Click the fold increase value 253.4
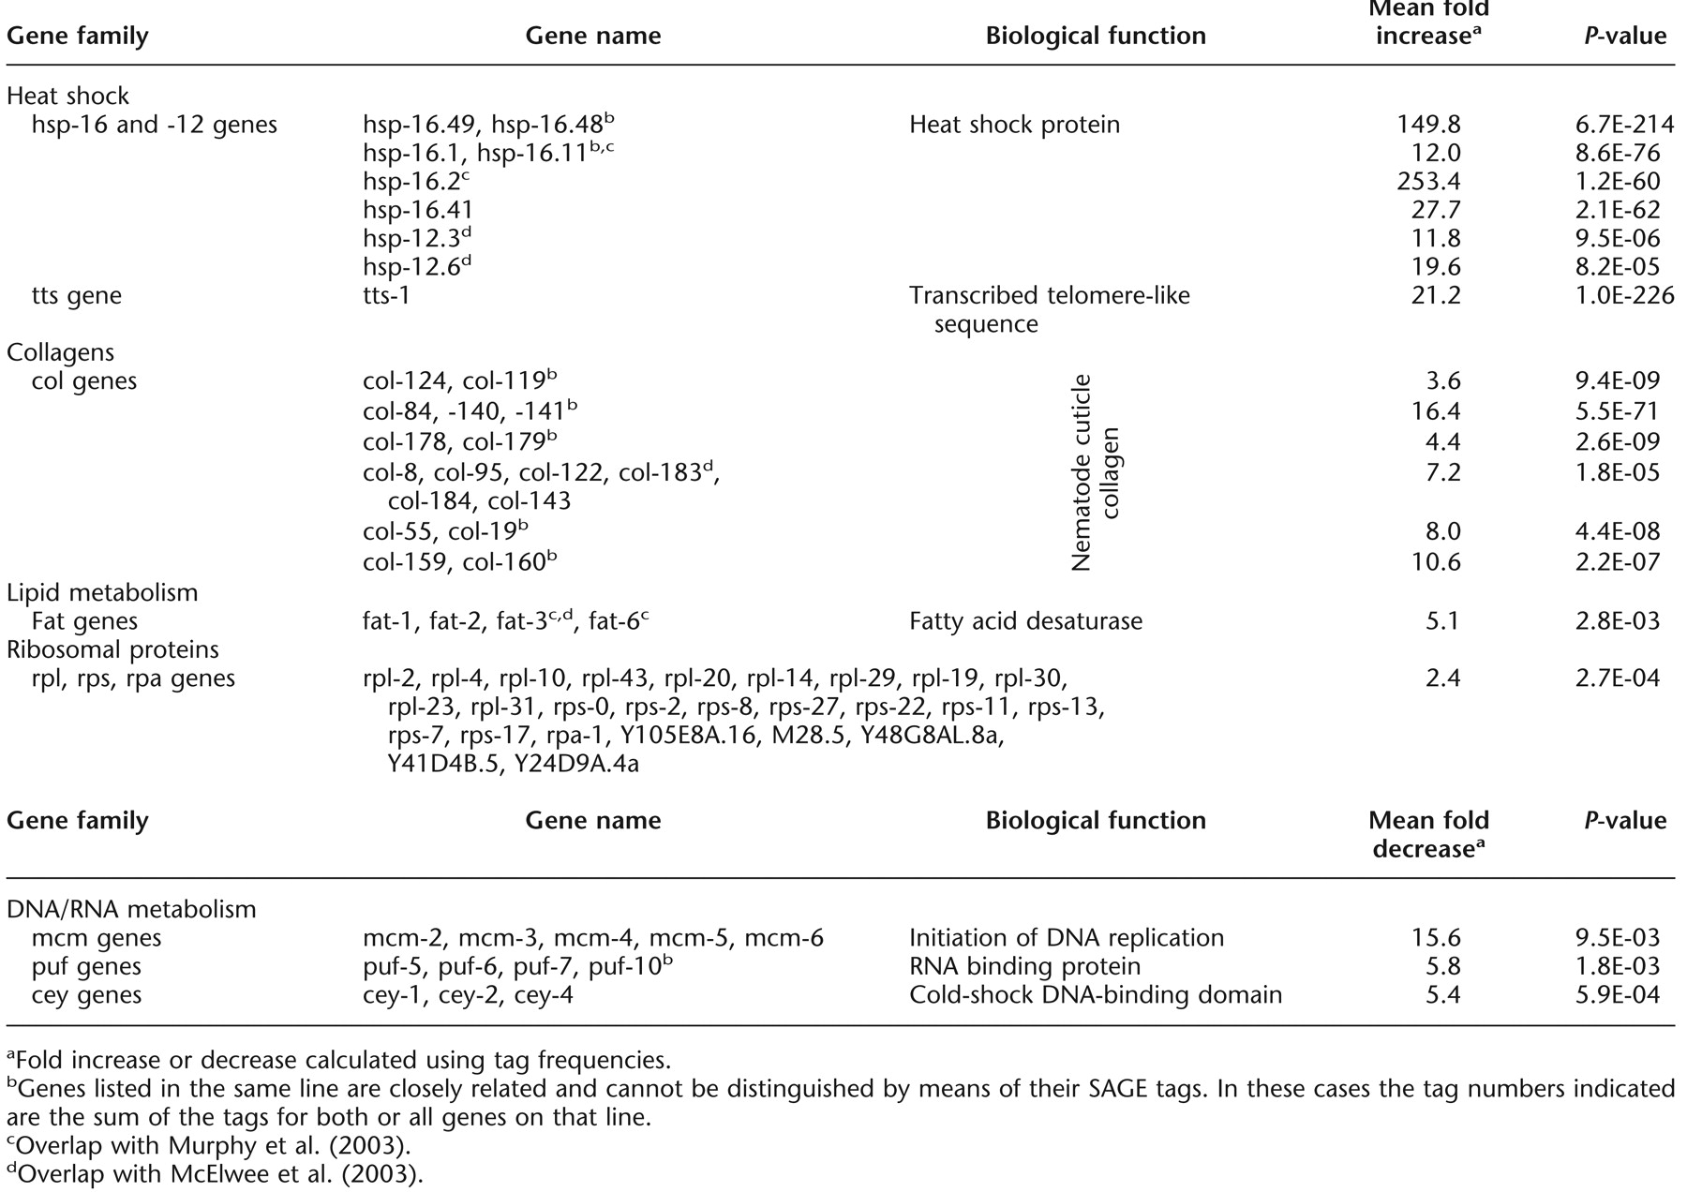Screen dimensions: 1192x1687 pyautogui.click(x=1428, y=181)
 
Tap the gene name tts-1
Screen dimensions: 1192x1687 pyautogui.click(x=386, y=296)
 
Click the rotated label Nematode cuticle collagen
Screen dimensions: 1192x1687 pyautogui.click(x=1095, y=472)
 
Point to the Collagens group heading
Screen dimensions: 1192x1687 pyautogui.click(x=60, y=352)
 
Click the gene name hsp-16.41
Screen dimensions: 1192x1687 pyautogui.click(x=418, y=210)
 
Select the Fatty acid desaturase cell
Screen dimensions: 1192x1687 pyautogui.click(x=1025, y=621)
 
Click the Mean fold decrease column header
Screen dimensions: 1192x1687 pyautogui.click(x=1428, y=834)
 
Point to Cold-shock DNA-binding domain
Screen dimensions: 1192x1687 pyautogui.click(x=1095, y=994)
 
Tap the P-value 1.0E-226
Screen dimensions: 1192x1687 pyautogui.click(x=1615, y=296)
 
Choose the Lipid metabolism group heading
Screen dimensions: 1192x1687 pyautogui.click(x=102, y=593)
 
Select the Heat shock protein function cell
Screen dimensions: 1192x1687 pyautogui.click(x=1014, y=125)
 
